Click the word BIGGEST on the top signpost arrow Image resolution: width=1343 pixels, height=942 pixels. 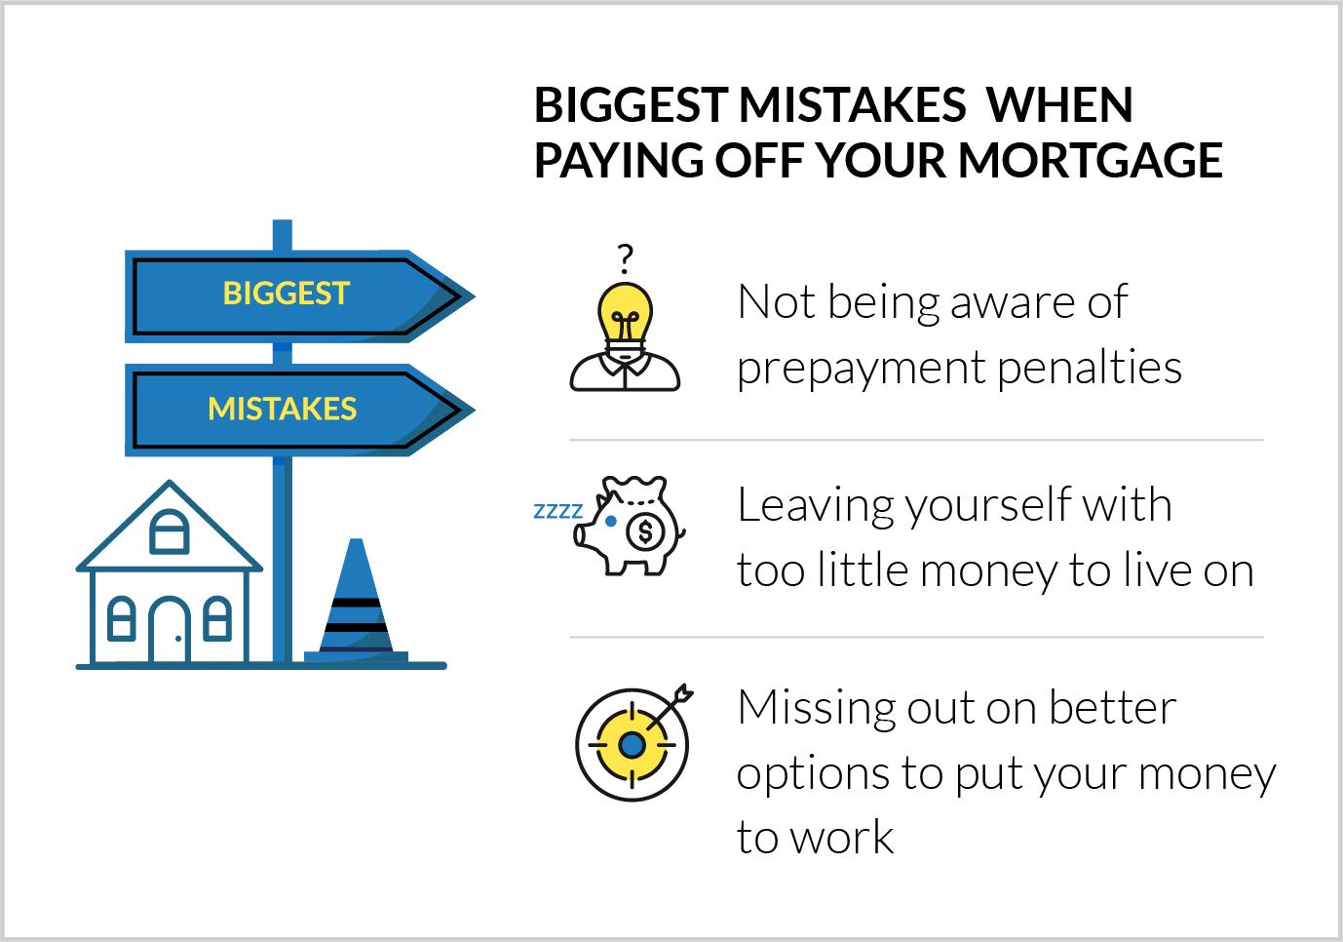tap(286, 294)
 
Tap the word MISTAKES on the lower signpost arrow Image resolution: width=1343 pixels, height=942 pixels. tap(283, 409)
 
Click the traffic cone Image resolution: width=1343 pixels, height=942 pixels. tap(356, 600)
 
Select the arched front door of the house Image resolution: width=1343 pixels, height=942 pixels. tap(170, 629)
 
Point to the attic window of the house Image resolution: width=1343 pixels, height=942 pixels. tap(169, 531)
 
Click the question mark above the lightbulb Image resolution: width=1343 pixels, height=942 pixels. tap(626, 258)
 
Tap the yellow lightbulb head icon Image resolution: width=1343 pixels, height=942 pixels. tap(626, 336)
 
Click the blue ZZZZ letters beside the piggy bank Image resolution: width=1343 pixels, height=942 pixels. tap(557, 511)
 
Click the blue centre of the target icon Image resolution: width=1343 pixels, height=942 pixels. tap(632, 745)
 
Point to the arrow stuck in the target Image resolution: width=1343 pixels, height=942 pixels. tap(670, 707)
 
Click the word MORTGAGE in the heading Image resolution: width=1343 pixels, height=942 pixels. tap(1091, 160)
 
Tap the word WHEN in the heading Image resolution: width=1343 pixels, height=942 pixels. tap(1059, 105)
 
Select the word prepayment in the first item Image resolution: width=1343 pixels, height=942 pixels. tap(862, 369)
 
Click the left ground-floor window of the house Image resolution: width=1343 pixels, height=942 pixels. tap(121, 618)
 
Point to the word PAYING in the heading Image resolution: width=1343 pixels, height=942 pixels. tap(619, 161)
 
